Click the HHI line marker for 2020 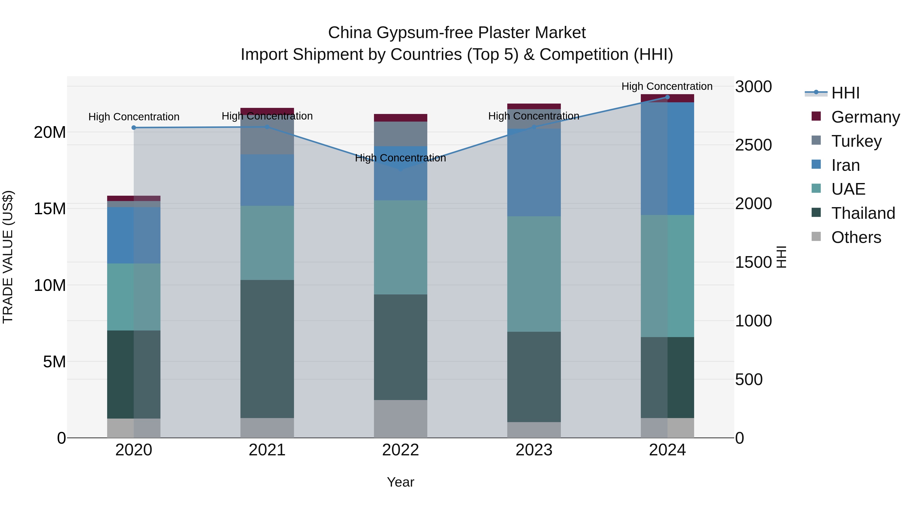pos(134,128)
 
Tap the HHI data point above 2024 pos(667,97)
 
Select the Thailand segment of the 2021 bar pos(267,349)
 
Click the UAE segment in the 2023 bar pos(534,274)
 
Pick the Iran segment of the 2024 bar pos(667,159)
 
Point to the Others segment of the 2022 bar pos(401,419)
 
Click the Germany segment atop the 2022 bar pos(401,118)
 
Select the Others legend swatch pos(816,237)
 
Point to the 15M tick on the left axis pos(50,209)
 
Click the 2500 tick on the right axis pos(753,145)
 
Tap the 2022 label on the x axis pos(401,450)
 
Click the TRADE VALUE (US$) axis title pos(8,257)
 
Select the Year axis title pos(401,482)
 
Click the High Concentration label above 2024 pos(667,86)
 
